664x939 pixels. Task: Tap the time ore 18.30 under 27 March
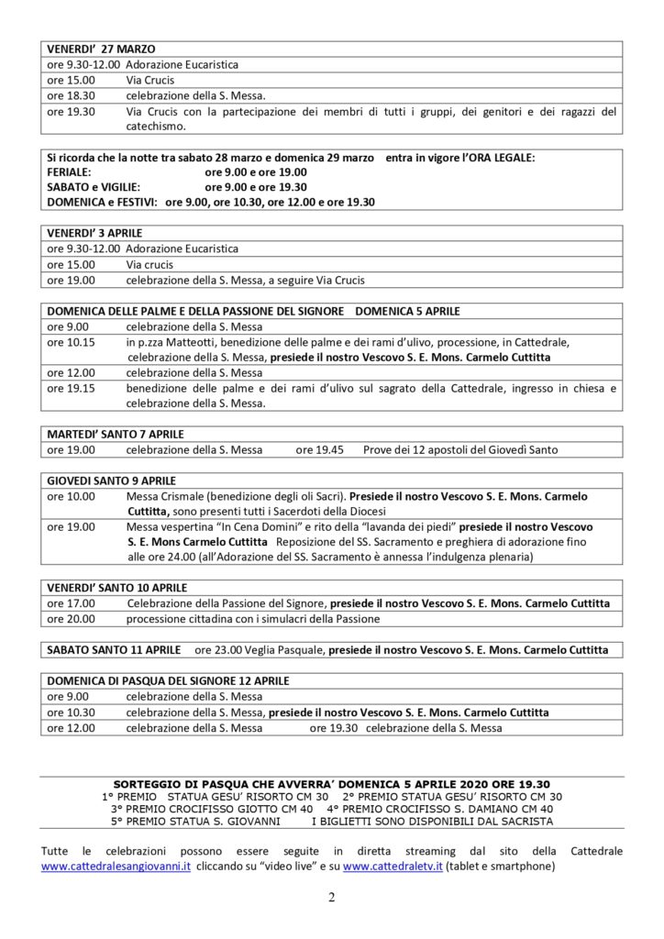[71, 95]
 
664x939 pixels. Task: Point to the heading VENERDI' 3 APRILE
[94, 233]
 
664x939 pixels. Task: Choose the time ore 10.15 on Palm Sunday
[71, 342]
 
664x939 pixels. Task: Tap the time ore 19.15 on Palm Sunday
[71, 389]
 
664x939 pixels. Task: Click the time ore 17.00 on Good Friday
[71, 603]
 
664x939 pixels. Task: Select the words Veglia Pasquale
[278, 649]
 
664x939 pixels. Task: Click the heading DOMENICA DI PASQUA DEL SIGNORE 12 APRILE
[168, 681]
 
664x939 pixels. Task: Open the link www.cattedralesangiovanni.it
[116, 867]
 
